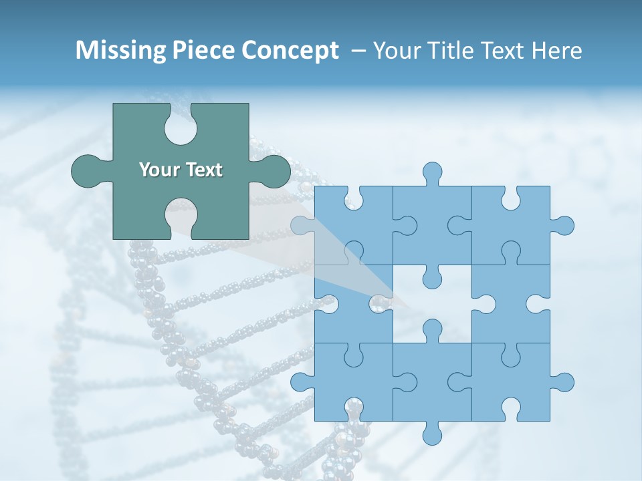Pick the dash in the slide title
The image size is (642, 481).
pyautogui.click(x=358, y=51)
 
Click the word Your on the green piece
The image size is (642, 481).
pyautogui.click(x=158, y=170)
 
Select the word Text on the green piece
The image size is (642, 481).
pyautogui.click(x=203, y=170)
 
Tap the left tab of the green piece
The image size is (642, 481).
pyautogui.click(x=87, y=171)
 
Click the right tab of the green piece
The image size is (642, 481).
pyautogui.click(x=275, y=171)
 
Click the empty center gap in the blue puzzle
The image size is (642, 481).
pyautogui.click(x=432, y=304)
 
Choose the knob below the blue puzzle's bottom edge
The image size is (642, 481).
pyautogui.click(x=432, y=435)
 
